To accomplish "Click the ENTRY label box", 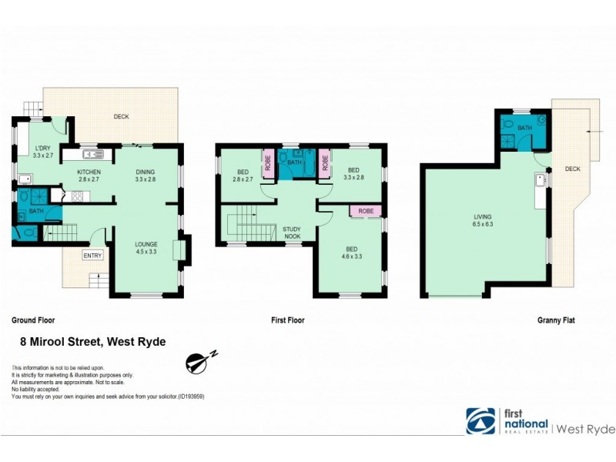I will (x=92, y=256).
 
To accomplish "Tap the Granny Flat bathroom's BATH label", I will (x=524, y=128).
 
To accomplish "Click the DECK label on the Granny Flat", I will (x=572, y=169).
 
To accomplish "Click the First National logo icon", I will (x=480, y=421).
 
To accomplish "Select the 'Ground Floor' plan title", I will (x=33, y=319).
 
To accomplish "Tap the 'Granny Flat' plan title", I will (x=556, y=319).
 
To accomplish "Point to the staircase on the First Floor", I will (x=246, y=224).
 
